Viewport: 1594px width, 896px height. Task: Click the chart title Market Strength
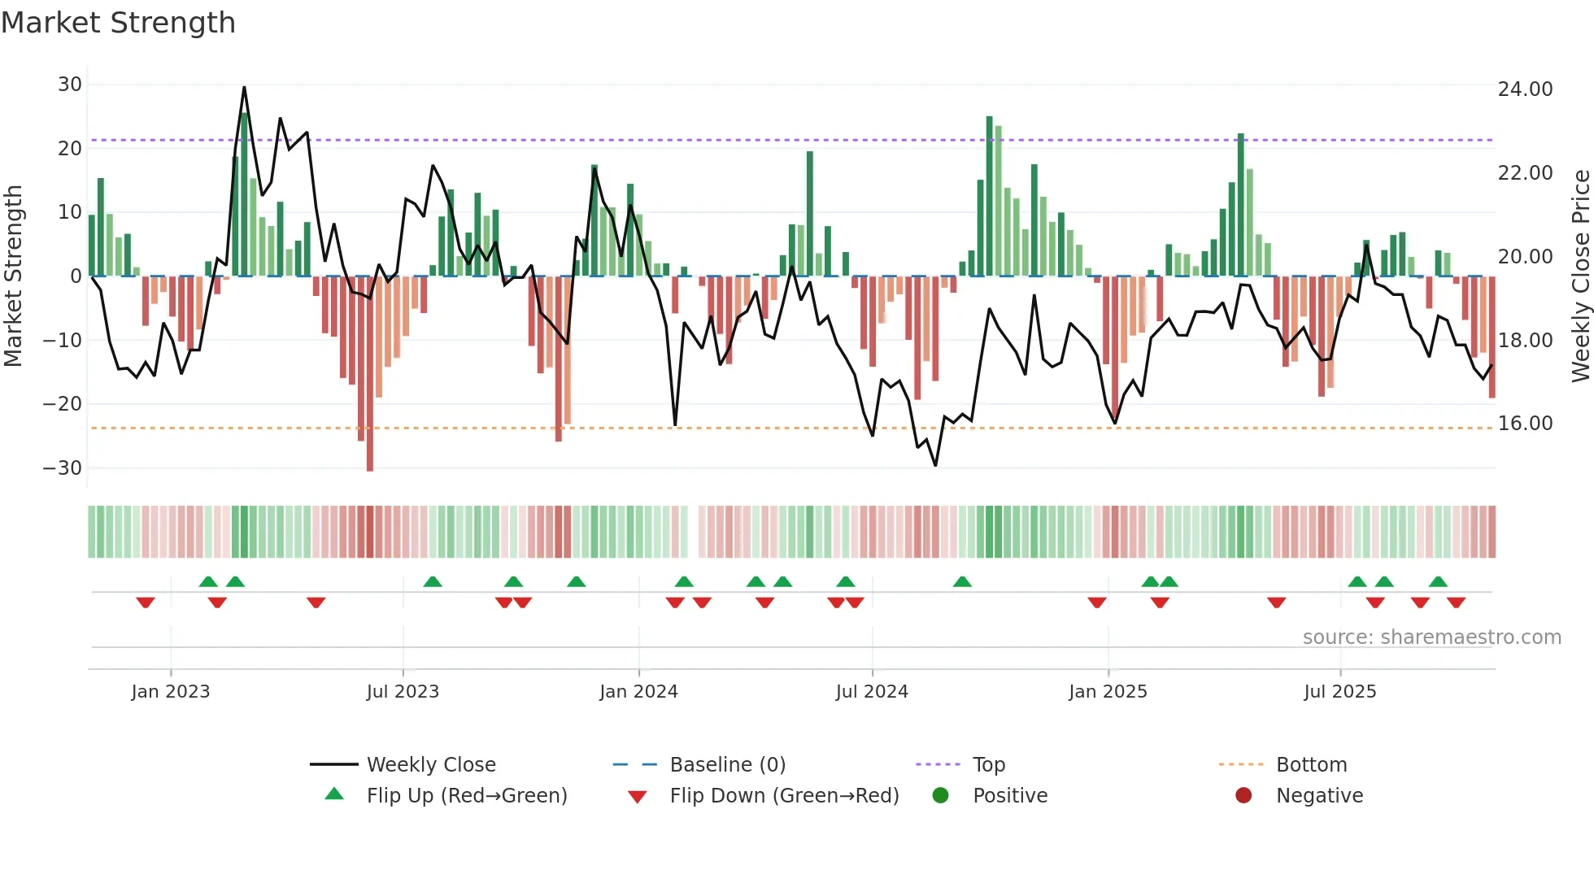(118, 23)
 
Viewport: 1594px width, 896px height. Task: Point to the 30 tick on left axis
(70, 85)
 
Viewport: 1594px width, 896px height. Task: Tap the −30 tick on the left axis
(63, 468)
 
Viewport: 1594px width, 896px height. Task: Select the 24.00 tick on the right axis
(1525, 89)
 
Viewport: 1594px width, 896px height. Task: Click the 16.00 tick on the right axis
(1525, 424)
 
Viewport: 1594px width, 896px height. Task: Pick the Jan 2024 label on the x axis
(638, 692)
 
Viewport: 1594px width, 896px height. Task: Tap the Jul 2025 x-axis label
(1339, 692)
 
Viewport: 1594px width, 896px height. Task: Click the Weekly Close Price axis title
(1580, 276)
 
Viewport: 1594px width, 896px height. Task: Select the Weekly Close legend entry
(430, 765)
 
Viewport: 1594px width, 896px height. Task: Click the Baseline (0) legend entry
(727, 765)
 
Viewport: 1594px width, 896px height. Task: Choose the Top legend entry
(988, 765)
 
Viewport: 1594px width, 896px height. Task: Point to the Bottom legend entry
(1311, 765)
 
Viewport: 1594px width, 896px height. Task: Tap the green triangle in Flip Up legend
(334, 794)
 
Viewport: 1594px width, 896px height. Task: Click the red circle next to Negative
(1243, 795)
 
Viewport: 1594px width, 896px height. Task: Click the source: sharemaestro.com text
(1431, 637)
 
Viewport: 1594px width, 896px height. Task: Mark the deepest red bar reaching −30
(370, 374)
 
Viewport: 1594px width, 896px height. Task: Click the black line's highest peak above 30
(244, 88)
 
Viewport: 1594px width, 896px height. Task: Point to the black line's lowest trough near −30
(935, 465)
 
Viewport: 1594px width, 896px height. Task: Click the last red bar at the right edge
(1492, 337)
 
